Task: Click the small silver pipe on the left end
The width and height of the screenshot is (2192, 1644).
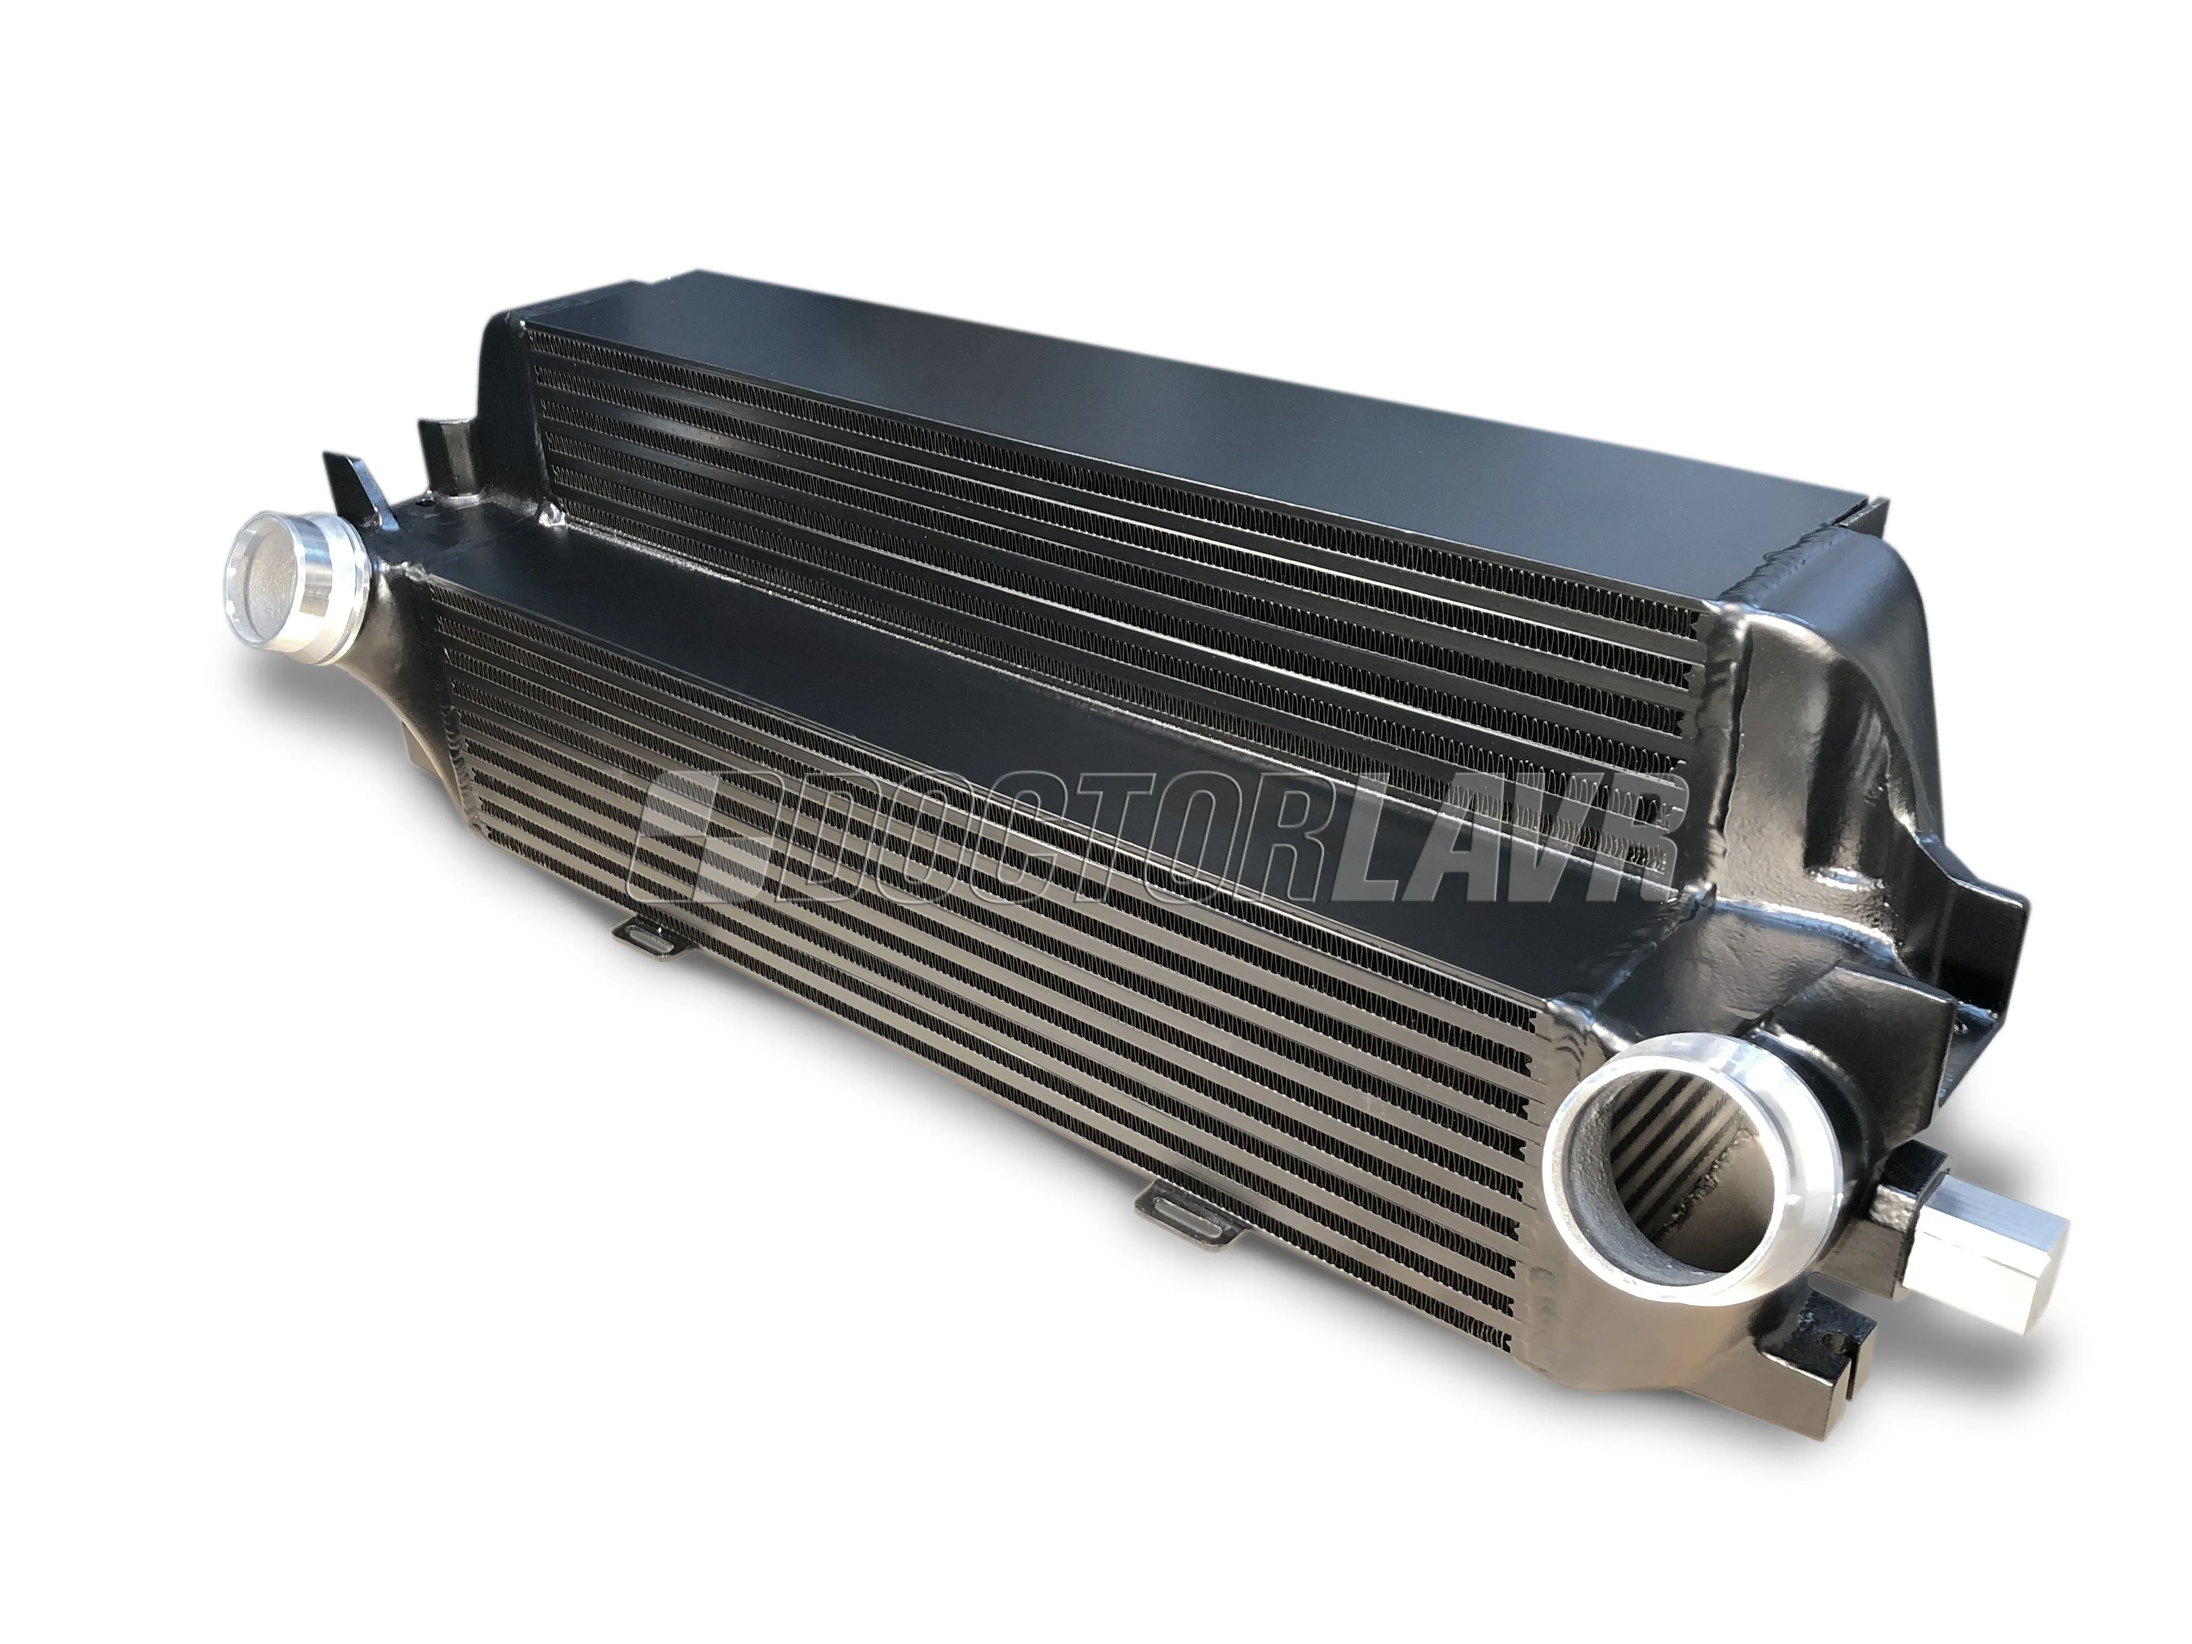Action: (297, 577)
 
